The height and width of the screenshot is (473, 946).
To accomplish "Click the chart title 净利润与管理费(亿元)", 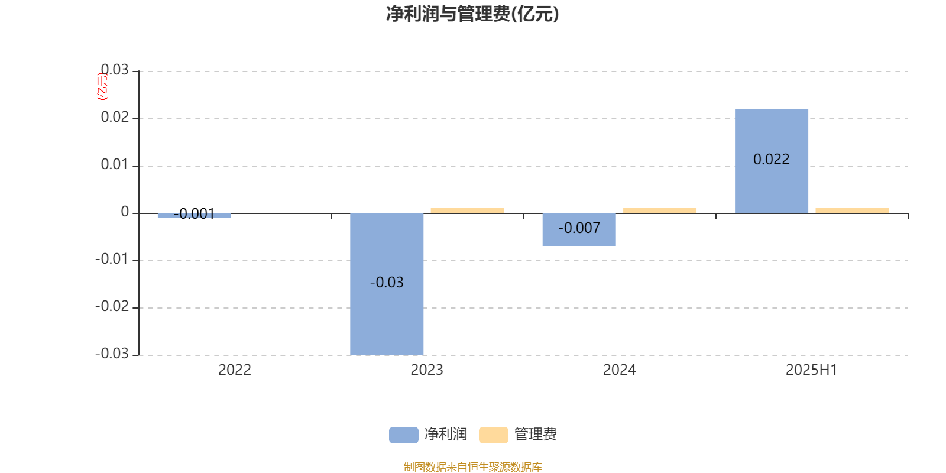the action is click(472, 14).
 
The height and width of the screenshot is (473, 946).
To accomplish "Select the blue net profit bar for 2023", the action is click(387, 284).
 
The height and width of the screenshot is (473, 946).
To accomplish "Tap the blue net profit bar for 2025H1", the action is click(772, 161).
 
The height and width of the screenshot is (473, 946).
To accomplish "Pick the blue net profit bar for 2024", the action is click(579, 229).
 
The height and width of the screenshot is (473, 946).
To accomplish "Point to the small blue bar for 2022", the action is click(195, 215).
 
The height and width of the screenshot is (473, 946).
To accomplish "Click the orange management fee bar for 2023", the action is click(468, 210).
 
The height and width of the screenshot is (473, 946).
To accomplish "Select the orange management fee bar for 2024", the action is click(660, 210).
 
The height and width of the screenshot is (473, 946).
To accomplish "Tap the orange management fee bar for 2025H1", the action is click(852, 210).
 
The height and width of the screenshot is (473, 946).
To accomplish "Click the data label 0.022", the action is click(772, 159).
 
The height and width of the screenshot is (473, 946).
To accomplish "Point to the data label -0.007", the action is click(579, 228).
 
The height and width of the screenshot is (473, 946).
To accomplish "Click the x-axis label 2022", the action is click(235, 370).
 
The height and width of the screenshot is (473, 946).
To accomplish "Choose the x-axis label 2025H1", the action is click(811, 370).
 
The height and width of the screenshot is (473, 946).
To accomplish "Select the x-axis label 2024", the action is click(620, 370).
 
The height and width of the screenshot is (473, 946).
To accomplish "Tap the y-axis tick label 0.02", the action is click(115, 117).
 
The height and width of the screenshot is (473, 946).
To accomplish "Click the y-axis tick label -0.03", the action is click(112, 354).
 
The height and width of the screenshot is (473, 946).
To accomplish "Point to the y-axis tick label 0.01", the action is click(115, 164).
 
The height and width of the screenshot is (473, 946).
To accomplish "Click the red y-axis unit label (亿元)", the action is click(103, 86).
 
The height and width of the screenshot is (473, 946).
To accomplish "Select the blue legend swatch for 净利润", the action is click(404, 435).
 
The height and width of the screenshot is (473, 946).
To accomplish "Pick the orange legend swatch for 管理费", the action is click(493, 435).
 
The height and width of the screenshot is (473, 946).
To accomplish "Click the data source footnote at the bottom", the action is click(472, 466).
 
